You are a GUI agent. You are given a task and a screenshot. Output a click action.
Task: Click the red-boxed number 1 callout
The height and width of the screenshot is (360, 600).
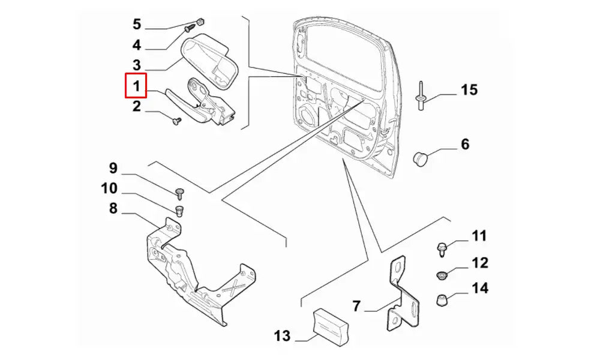click(136, 86)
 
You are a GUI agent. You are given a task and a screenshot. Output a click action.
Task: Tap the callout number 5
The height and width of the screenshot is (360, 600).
click(136, 25)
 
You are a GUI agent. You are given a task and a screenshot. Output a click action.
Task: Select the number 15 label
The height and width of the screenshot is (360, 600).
click(469, 90)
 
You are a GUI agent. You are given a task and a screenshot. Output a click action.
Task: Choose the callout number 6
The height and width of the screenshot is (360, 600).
click(465, 144)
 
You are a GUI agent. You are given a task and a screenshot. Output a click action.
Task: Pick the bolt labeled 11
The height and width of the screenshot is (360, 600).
click(440, 247)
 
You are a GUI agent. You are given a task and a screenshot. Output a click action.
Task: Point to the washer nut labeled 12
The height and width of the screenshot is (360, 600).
click(441, 275)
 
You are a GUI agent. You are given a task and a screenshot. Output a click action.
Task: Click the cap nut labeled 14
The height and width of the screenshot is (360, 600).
click(442, 299)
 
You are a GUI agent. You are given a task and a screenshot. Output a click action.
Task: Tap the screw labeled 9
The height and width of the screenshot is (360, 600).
click(180, 192)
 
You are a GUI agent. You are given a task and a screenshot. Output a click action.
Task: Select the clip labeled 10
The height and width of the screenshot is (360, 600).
click(179, 211)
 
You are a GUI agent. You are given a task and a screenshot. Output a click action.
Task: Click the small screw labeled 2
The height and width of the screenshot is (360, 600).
click(176, 121)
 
